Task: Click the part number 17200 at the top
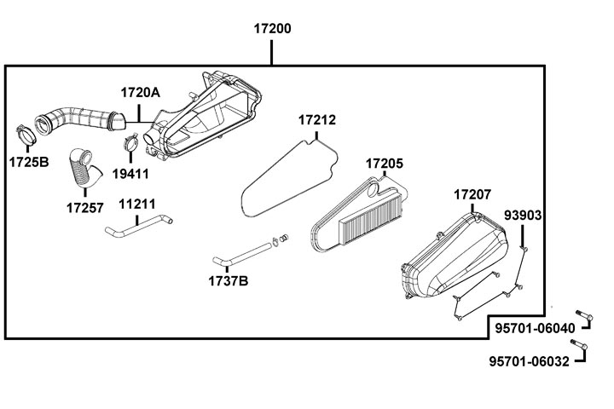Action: click(x=272, y=28)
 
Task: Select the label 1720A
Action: click(x=140, y=92)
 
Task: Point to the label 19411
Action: click(x=131, y=173)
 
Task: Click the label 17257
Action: click(x=85, y=207)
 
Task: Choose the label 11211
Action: click(x=136, y=204)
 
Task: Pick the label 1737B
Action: click(x=229, y=280)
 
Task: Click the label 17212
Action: click(x=317, y=122)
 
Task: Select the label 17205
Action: click(x=385, y=163)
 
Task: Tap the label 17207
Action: click(x=472, y=195)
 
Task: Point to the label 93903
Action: click(x=523, y=215)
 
